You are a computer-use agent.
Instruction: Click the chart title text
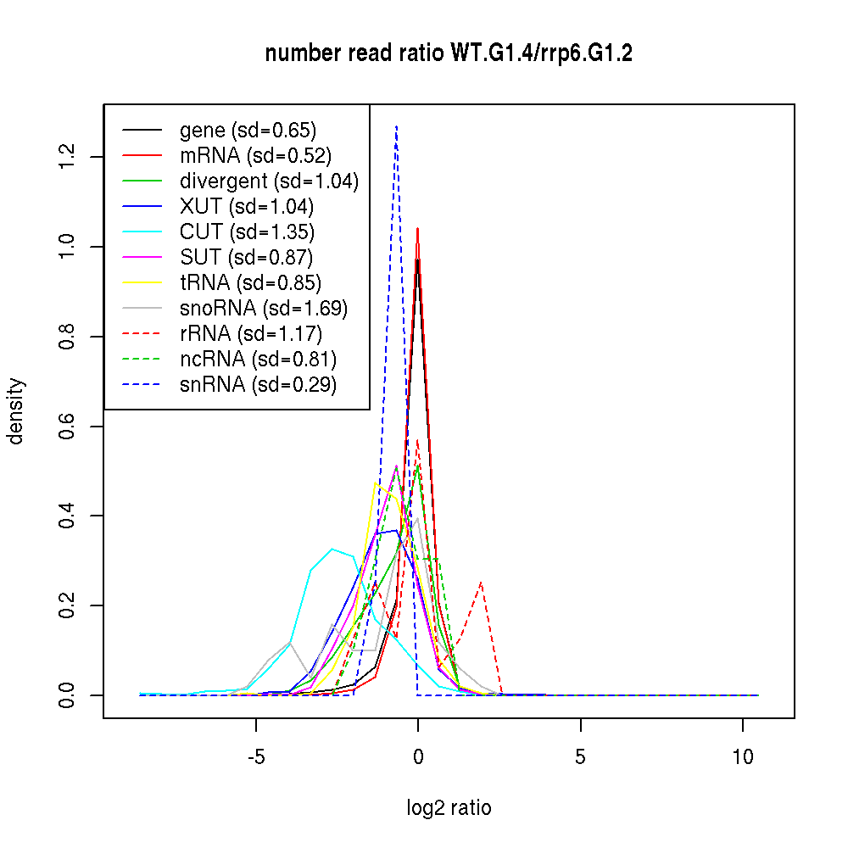[449, 53]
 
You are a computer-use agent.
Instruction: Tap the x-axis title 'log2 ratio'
[449, 808]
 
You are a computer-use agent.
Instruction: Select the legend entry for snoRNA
[264, 309]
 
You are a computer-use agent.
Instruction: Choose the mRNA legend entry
[255, 156]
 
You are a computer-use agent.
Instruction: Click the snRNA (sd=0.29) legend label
[258, 385]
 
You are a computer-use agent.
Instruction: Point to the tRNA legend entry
[250, 283]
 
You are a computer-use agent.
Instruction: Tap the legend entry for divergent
[269, 181]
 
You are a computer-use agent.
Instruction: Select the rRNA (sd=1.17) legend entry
[251, 334]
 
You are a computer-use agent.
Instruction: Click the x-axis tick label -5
[255, 758]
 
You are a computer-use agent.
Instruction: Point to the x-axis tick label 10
[743, 758]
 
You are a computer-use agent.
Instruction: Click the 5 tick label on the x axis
[580, 758]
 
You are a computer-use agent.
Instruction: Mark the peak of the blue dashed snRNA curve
[396, 126]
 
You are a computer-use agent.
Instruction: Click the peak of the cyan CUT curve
[332, 549]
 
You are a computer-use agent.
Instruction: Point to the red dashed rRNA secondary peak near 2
[481, 582]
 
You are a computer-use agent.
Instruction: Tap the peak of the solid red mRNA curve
[417, 228]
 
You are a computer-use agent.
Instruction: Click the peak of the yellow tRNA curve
[375, 483]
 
